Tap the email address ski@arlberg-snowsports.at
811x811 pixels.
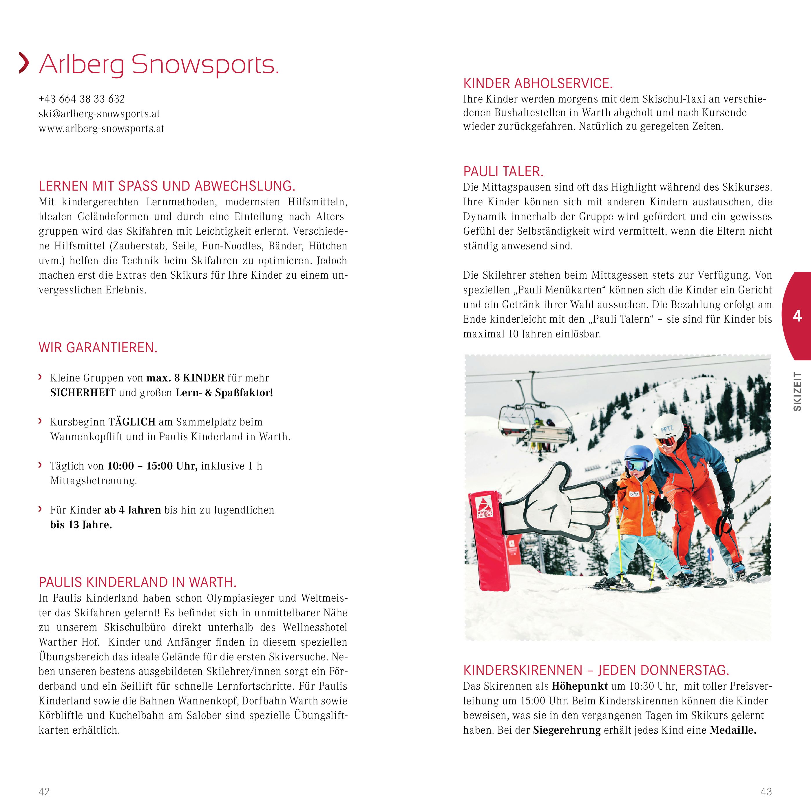point(99,114)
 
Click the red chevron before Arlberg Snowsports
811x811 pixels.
point(24,64)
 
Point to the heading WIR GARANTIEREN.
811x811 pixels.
point(98,348)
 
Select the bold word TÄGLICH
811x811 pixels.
point(132,422)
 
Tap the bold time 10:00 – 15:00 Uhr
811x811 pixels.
point(152,466)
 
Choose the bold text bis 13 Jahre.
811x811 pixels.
point(81,525)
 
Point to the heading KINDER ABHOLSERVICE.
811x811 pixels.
point(538,83)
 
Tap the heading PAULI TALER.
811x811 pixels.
point(503,172)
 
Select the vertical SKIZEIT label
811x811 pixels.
point(797,391)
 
